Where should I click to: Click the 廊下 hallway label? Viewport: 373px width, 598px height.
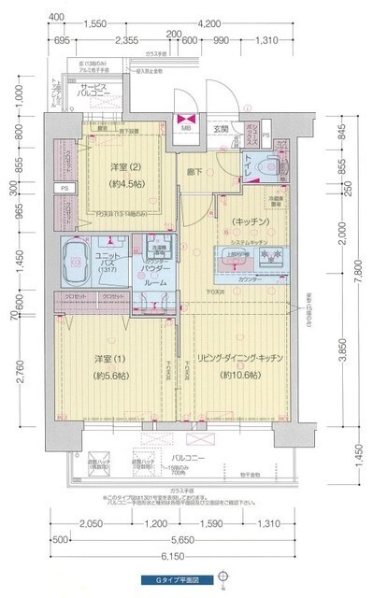(x=194, y=172)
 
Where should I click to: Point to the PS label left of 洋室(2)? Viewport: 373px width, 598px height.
(x=64, y=188)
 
